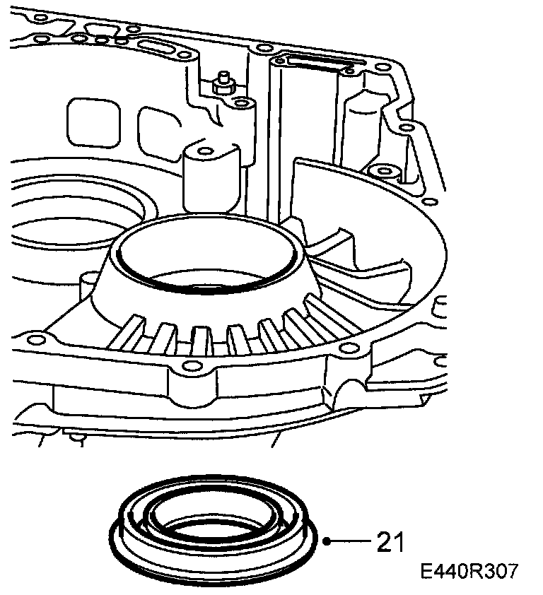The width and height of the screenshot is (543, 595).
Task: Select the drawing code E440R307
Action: [x=467, y=572]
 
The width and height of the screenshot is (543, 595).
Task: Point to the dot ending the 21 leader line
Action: [x=327, y=542]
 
